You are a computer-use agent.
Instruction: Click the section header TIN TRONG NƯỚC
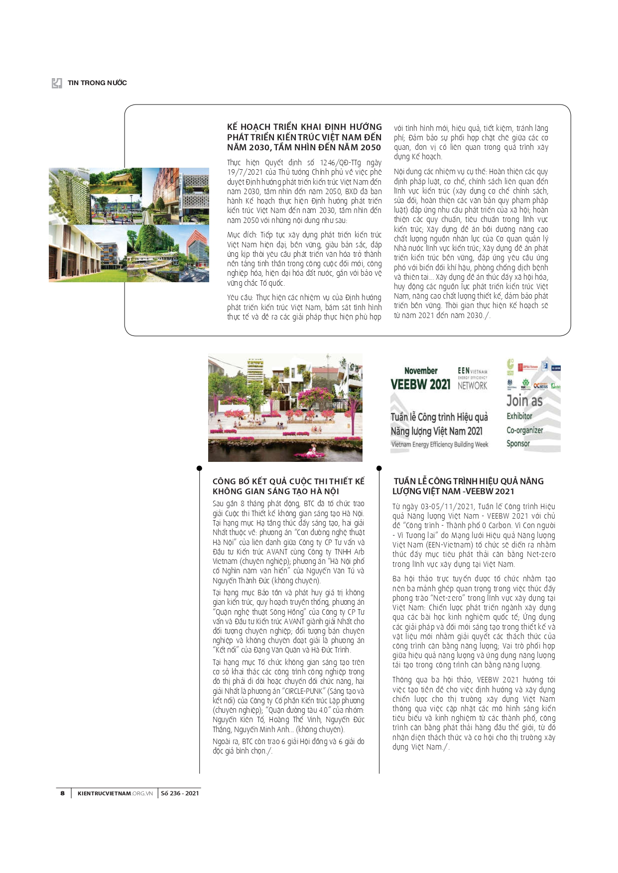pyautogui.click(x=97, y=83)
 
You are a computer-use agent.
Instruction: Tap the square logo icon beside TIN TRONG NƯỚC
pyautogui.click(x=57, y=83)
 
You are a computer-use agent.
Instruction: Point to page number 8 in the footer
pyautogui.click(x=62, y=793)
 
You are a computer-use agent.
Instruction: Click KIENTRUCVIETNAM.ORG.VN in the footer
pyautogui.click(x=115, y=793)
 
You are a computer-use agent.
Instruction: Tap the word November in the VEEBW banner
pyautogui.click(x=421, y=371)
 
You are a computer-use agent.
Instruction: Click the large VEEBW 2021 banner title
pyautogui.click(x=420, y=384)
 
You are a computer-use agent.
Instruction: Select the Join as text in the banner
pyautogui.click(x=524, y=401)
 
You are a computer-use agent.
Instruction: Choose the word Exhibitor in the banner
pyautogui.click(x=519, y=416)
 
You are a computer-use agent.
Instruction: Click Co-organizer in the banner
pyautogui.click(x=524, y=430)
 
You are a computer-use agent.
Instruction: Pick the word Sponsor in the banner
pyautogui.click(x=518, y=443)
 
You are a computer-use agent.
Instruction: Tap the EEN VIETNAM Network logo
pyautogui.click(x=472, y=378)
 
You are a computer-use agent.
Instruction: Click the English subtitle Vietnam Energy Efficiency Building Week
pyautogui.click(x=440, y=444)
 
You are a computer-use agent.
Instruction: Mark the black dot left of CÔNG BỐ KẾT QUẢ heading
pyautogui.click(x=199, y=468)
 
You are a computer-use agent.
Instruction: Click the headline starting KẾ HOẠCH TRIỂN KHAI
pyautogui.click(x=304, y=137)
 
